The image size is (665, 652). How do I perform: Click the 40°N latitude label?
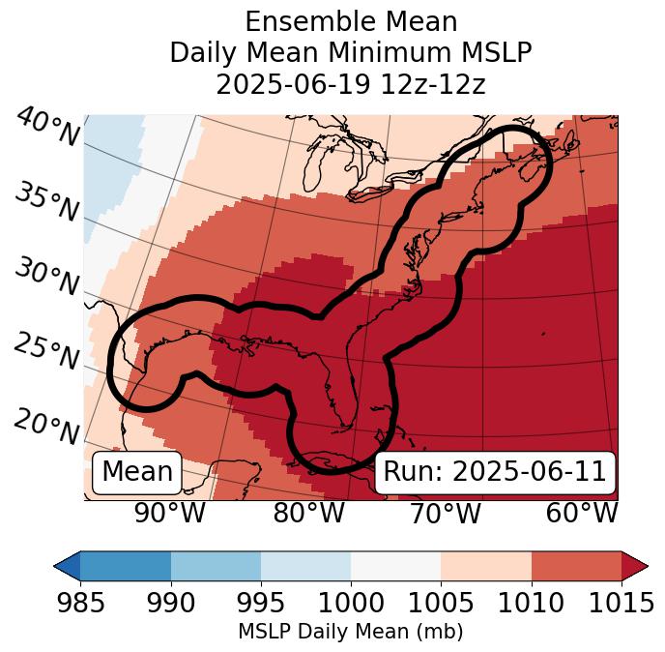coord(46,129)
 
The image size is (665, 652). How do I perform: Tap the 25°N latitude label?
coord(46,352)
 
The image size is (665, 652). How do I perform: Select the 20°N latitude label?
coord(46,426)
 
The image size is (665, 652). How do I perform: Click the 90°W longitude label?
coord(170,513)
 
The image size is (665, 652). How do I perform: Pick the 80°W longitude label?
coord(309,513)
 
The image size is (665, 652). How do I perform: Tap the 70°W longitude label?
coord(445,513)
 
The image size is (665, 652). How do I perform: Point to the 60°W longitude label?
coord(582,513)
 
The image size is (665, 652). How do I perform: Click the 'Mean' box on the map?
coord(137,472)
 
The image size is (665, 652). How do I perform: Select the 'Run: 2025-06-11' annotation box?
coord(495,472)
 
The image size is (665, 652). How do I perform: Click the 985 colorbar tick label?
coord(80,603)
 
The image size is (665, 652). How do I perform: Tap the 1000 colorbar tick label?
coord(351,603)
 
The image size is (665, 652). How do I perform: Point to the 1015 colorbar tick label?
coord(622,603)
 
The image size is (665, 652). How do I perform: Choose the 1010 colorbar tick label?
coord(532,603)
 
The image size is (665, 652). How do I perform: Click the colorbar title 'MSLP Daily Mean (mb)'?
coord(350,632)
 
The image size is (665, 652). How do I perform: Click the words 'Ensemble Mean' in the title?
coord(351,22)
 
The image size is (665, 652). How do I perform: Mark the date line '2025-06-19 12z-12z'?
coord(351,84)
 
